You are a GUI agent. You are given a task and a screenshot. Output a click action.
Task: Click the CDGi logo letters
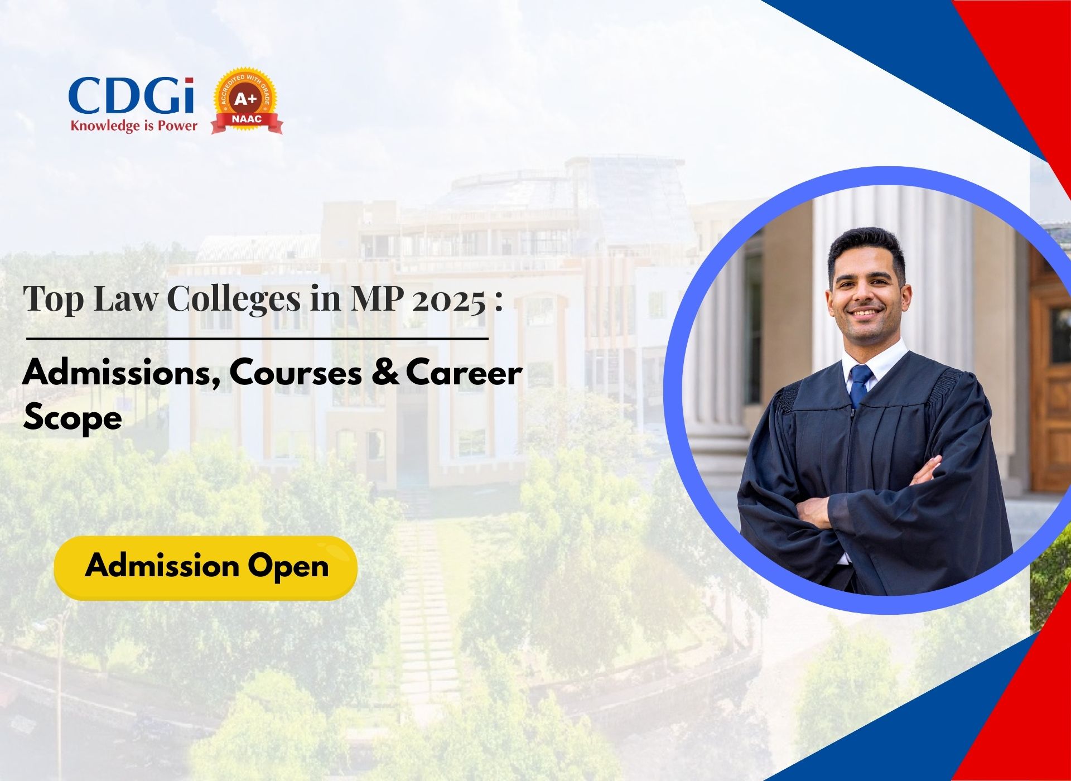tap(132, 97)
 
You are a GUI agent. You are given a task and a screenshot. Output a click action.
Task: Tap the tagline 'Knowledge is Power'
tap(134, 126)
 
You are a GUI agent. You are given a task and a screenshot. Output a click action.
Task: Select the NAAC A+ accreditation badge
tap(247, 101)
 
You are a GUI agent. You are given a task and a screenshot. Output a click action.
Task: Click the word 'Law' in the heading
tap(126, 298)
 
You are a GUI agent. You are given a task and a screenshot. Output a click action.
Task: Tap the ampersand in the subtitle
tap(385, 373)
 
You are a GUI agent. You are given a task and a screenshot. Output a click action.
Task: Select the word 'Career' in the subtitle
tap(464, 373)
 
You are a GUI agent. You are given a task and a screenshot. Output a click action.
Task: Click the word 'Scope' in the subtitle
tap(73, 418)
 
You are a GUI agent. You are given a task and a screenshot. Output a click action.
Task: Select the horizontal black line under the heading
tap(257, 338)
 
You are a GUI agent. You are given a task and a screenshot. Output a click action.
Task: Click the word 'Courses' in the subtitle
tap(296, 373)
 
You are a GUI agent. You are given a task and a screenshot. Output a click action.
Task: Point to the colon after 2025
tap(498, 301)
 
